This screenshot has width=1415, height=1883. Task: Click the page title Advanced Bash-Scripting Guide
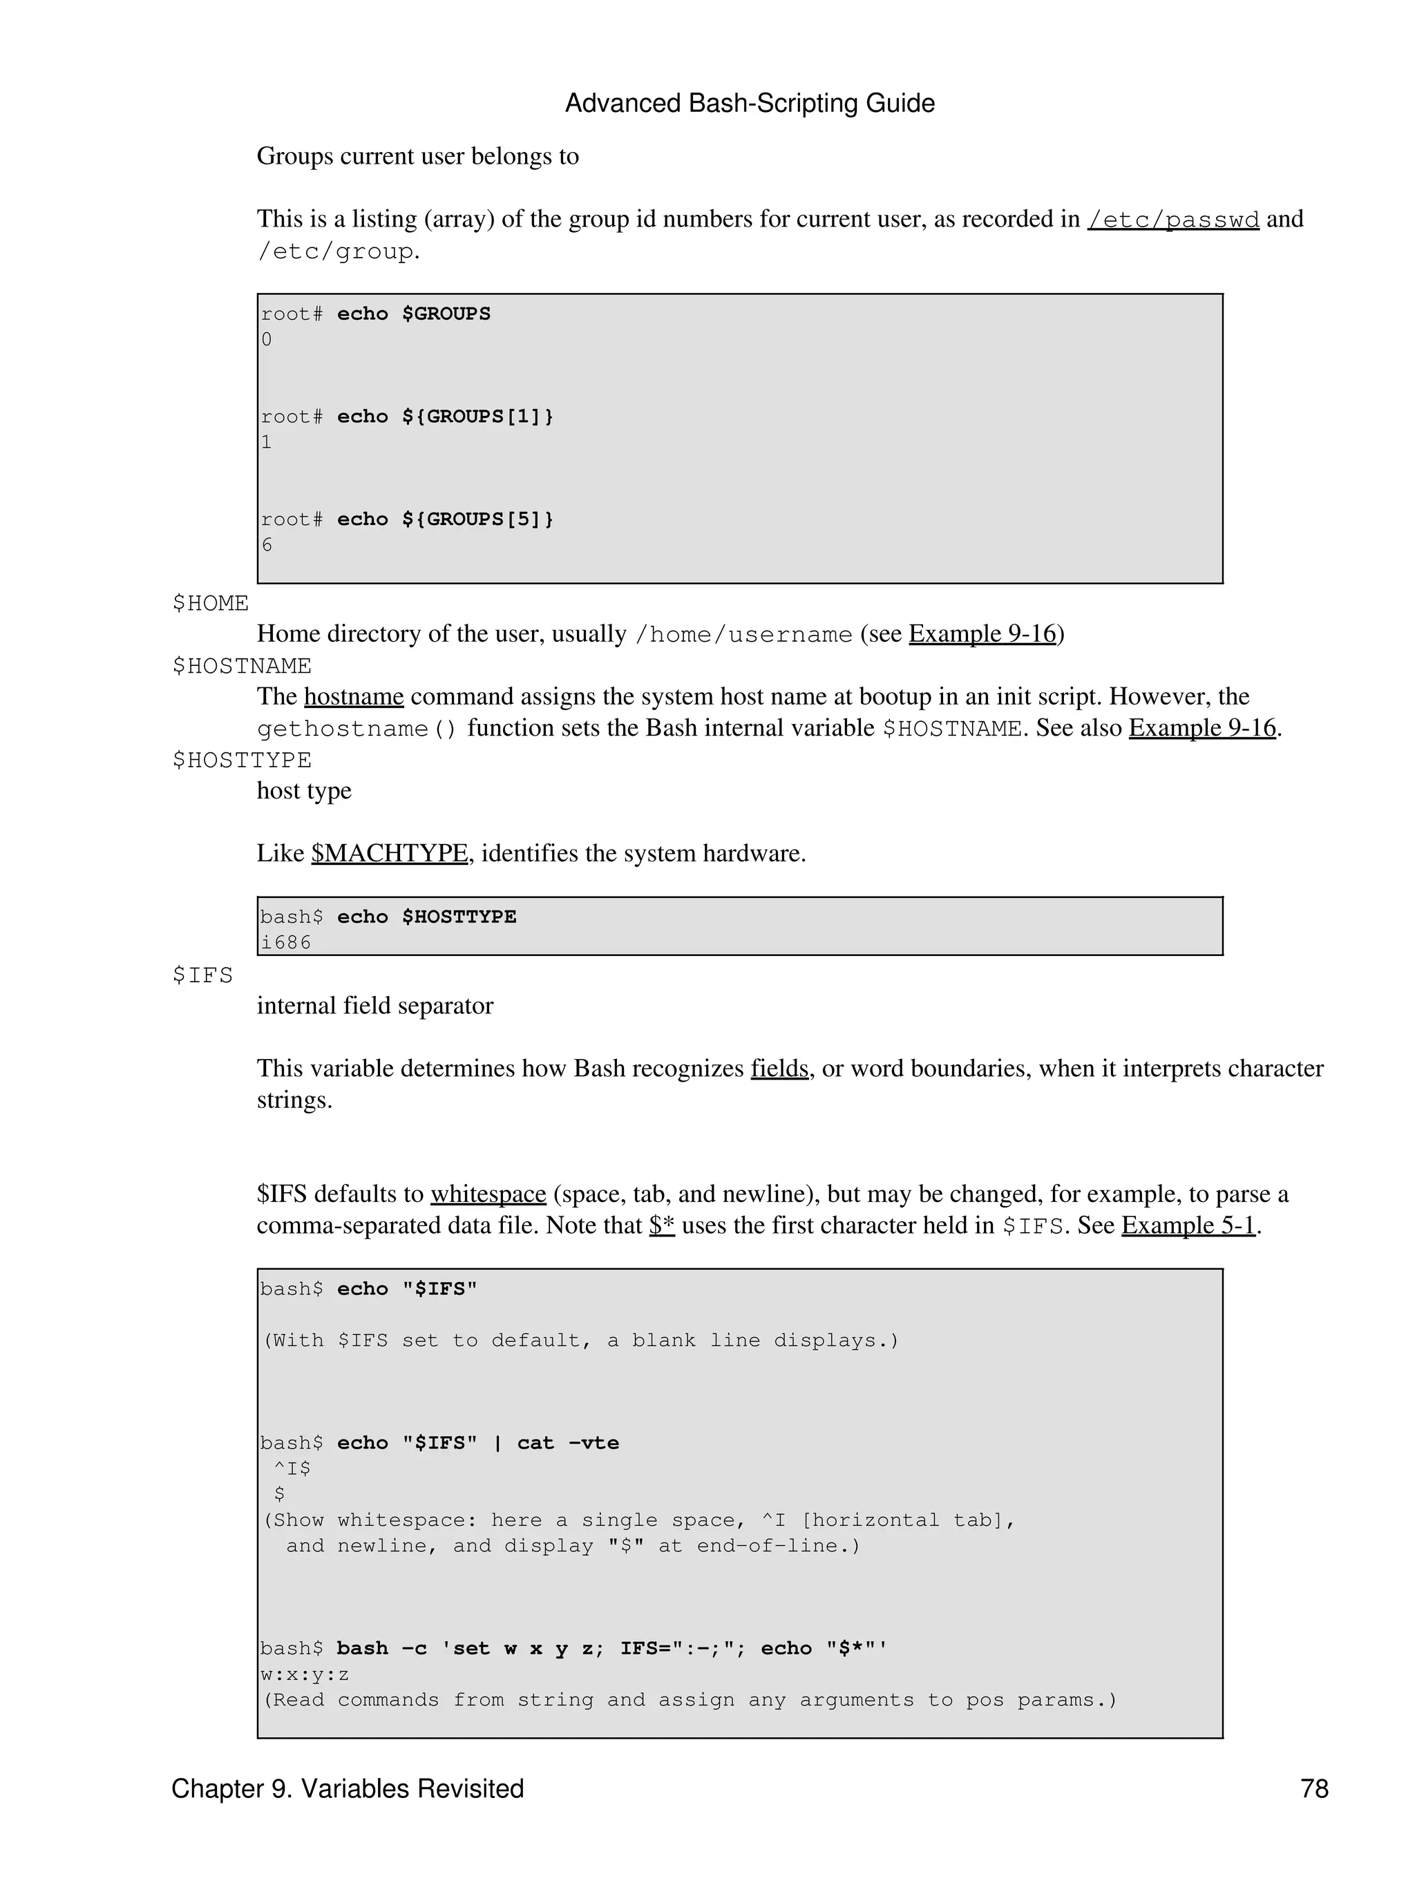(749, 104)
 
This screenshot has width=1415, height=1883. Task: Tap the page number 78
(1313, 1788)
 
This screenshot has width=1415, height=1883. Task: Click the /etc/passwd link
(1172, 220)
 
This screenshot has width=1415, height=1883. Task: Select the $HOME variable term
(210, 604)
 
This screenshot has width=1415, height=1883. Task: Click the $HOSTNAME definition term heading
(242, 666)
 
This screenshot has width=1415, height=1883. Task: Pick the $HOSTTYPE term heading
(242, 759)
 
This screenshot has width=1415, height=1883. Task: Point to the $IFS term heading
(202, 975)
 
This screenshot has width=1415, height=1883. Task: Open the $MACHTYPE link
(389, 853)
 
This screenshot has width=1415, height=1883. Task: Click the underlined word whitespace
(488, 1194)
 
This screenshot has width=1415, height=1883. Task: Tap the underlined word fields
(779, 1069)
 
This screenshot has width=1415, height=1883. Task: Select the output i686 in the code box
(286, 942)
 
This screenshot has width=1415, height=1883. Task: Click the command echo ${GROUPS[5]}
(445, 519)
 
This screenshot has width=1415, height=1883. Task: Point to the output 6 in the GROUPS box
(267, 545)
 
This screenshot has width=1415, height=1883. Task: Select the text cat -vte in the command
(568, 1443)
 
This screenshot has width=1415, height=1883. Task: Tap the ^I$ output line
(292, 1469)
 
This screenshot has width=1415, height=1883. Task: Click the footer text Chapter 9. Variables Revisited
(348, 1788)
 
